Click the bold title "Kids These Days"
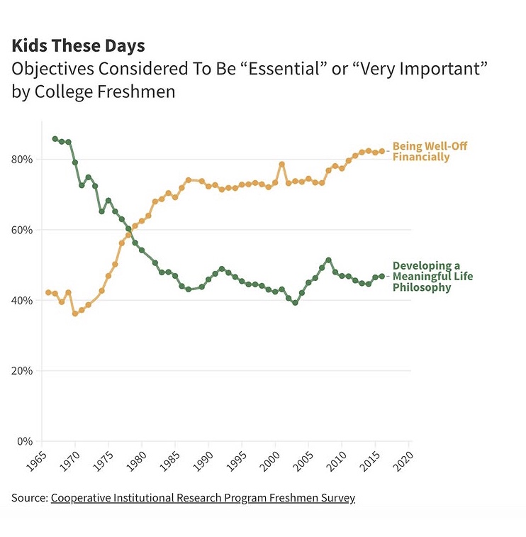click(78, 46)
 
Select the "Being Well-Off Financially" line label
click(430, 151)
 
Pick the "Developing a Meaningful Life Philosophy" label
click(432, 277)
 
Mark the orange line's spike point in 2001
click(281, 164)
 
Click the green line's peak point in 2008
click(328, 260)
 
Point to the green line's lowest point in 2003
click(295, 303)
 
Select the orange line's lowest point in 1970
click(74, 313)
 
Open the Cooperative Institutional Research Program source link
click(203, 498)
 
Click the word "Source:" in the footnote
click(29, 498)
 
